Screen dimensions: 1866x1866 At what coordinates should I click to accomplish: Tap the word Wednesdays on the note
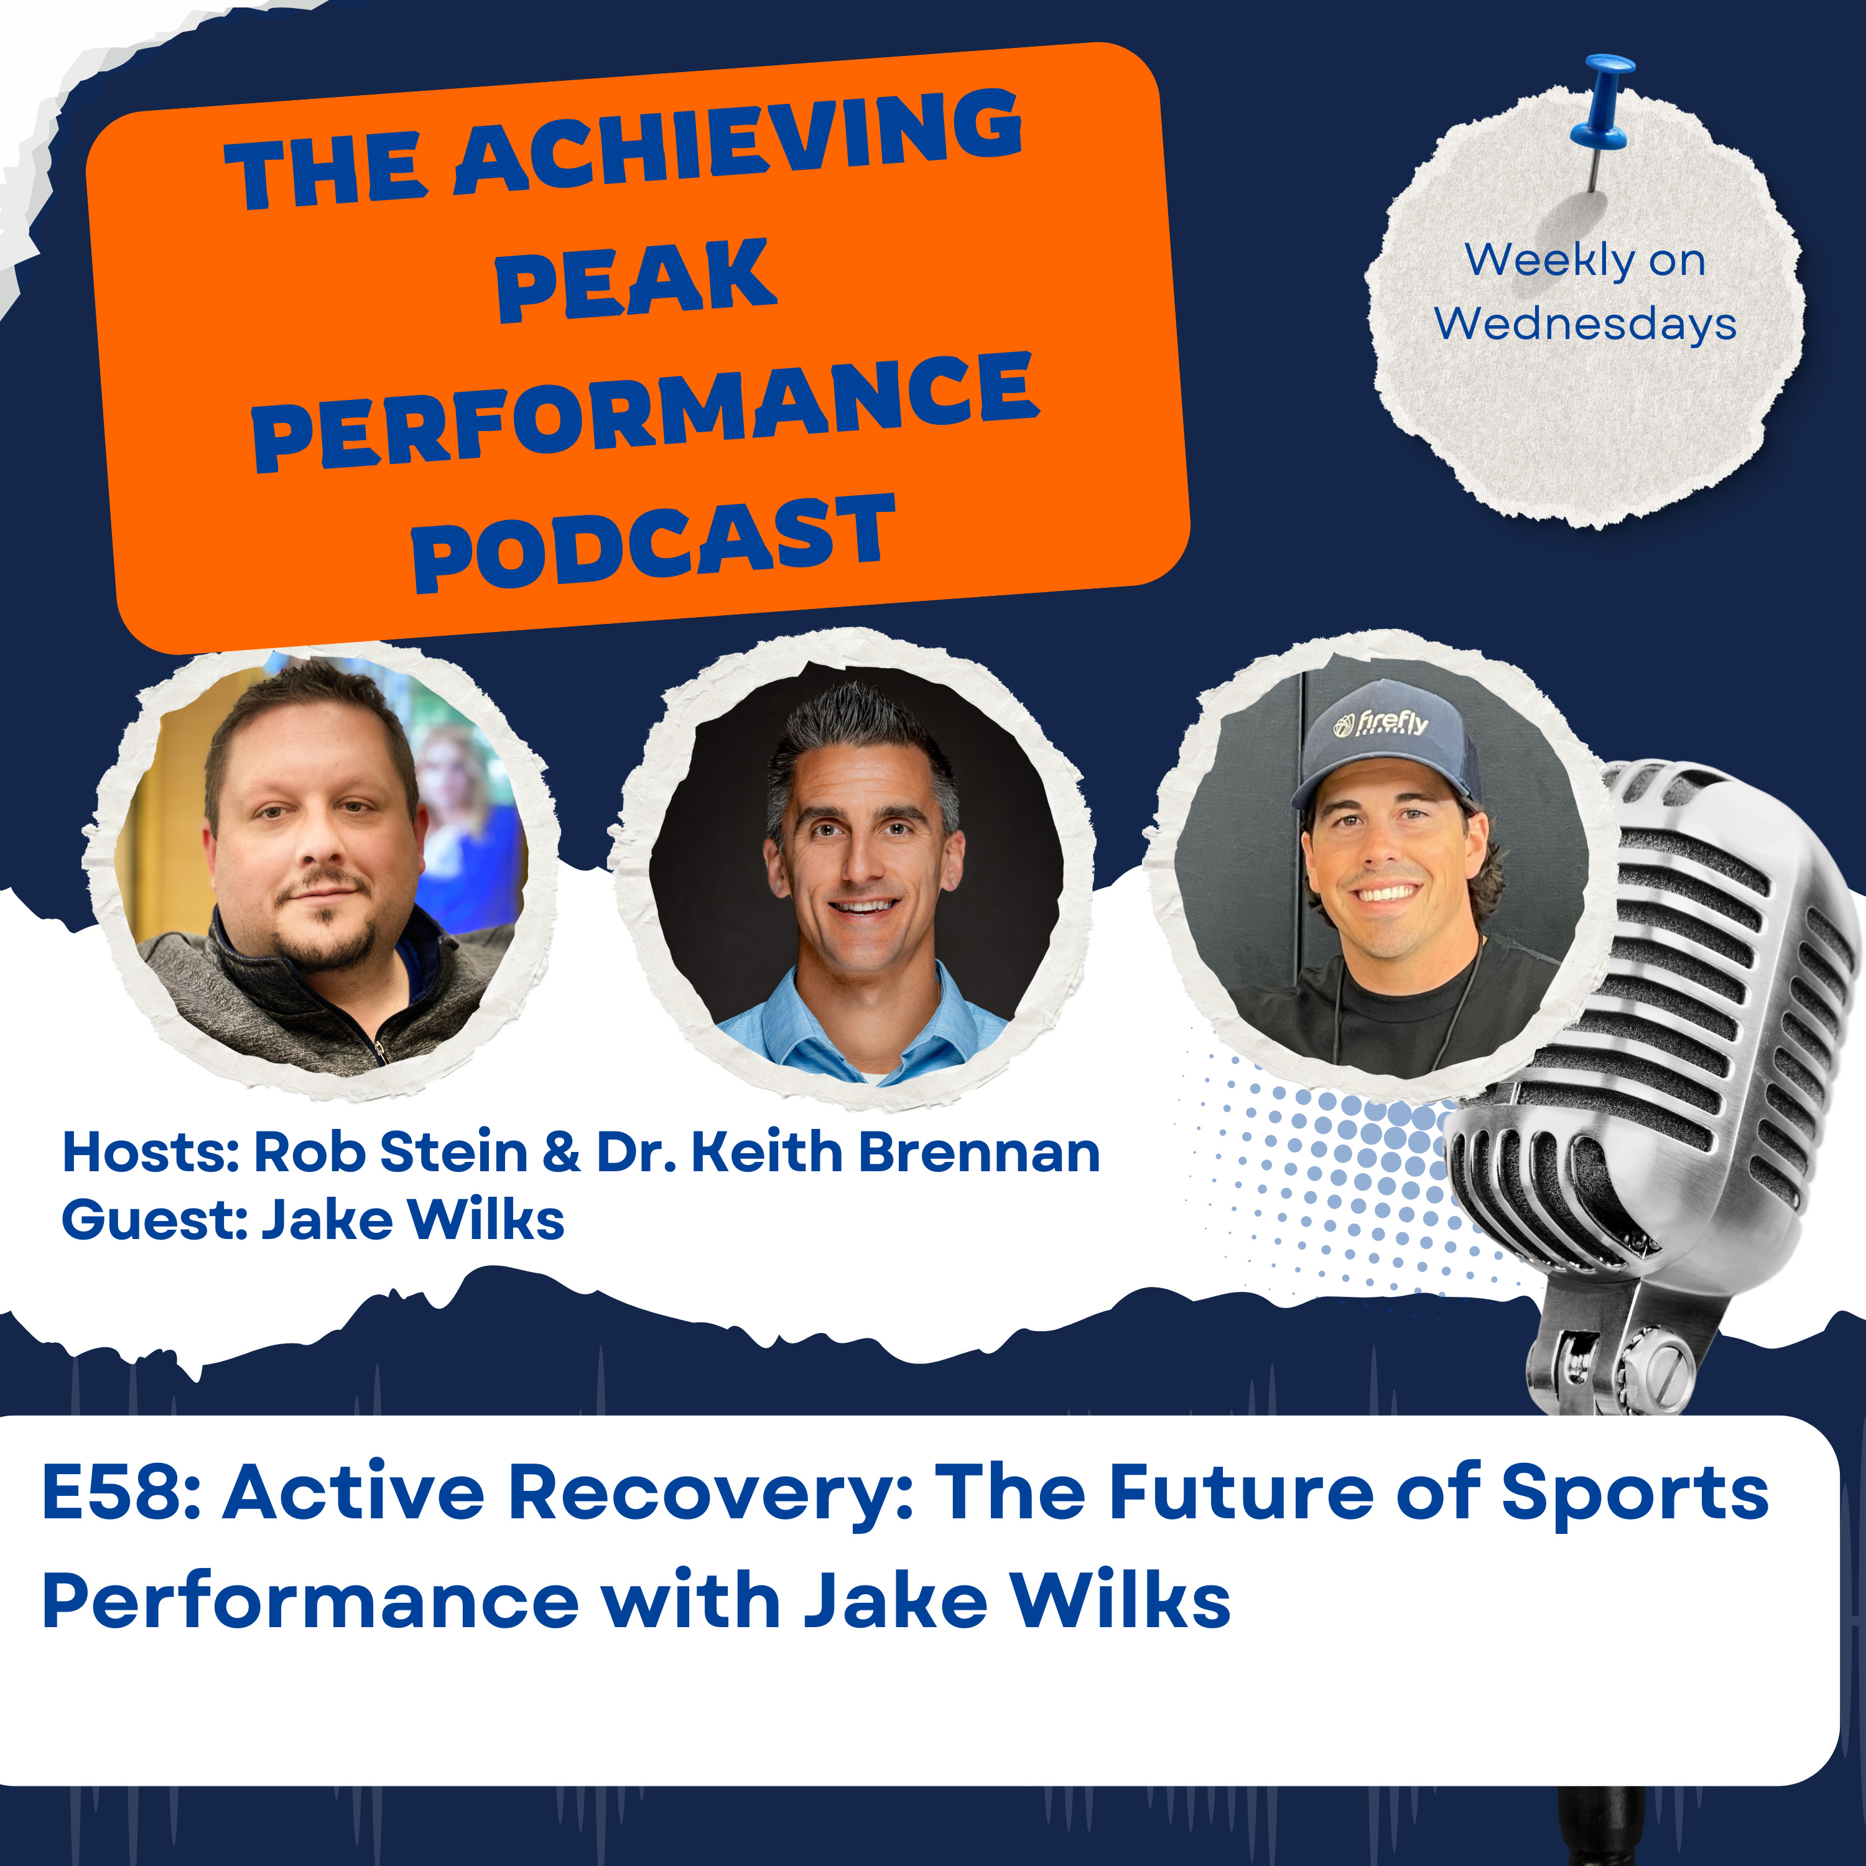click(x=1585, y=323)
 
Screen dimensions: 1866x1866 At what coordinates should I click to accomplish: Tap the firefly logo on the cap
click(x=1380, y=722)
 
